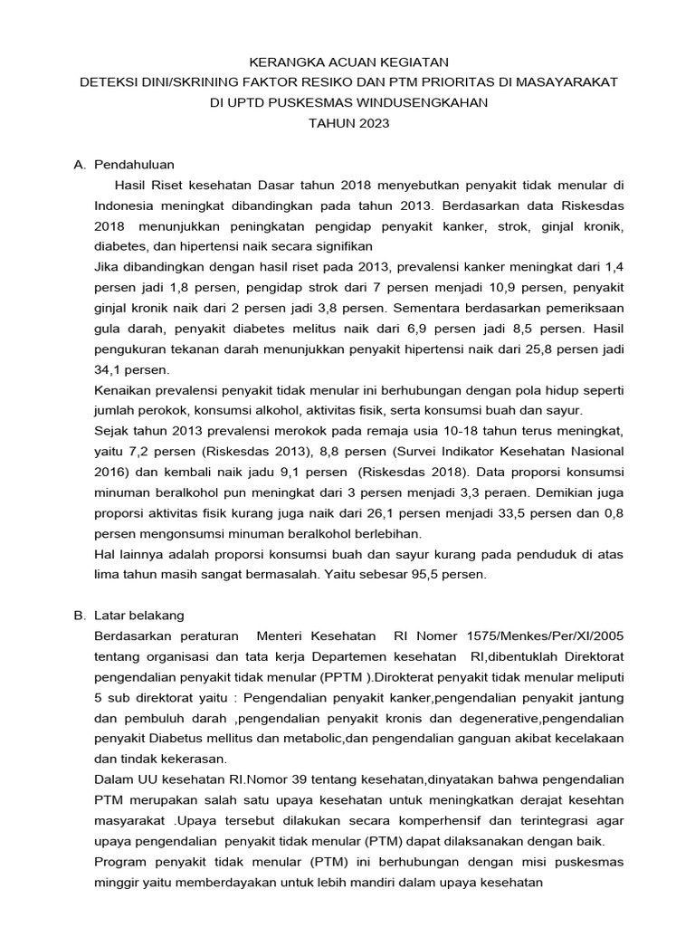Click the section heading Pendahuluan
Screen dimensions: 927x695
pyautogui.click(x=134, y=164)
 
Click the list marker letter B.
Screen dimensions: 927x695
pyautogui.click(x=78, y=615)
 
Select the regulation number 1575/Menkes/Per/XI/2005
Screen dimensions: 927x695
pyautogui.click(x=545, y=636)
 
